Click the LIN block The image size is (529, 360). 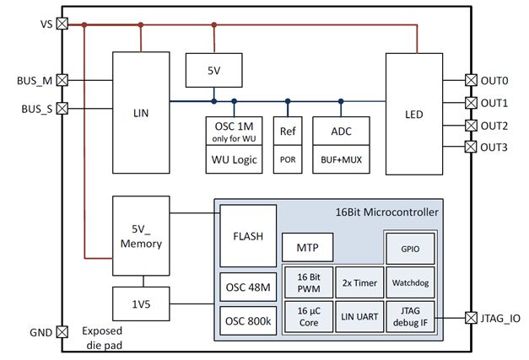click(141, 110)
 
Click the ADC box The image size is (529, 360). click(340, 132)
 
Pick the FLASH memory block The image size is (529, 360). click(248, 236)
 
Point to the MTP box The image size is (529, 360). click(306, 248)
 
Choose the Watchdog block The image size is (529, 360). click(409, 283)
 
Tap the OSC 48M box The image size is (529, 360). click(248, 286)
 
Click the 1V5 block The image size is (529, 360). click(141, 301)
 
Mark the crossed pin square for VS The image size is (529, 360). click(62, 24)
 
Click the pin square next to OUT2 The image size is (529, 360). click(471, 126)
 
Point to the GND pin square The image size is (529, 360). click(62, 332)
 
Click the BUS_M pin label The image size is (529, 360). click(35, 81)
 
